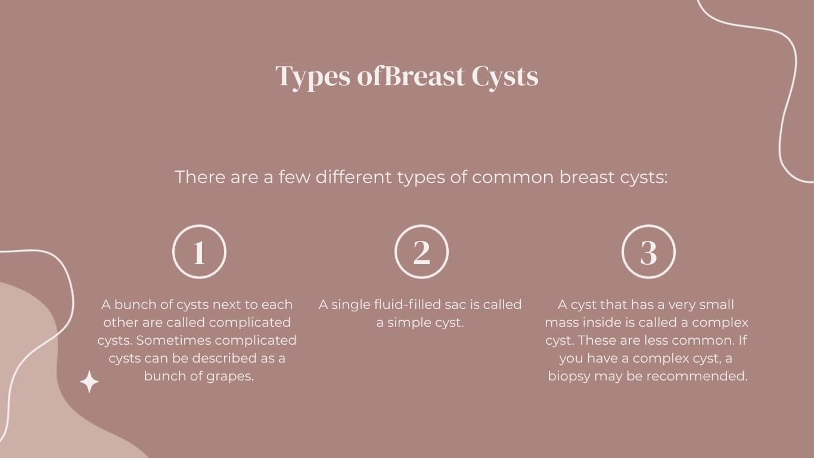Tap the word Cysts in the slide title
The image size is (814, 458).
(505, 76)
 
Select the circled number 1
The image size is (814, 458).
(199, 252)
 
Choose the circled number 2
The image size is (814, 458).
(421, 252)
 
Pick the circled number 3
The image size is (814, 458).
(648, 252)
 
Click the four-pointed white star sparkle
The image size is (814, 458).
(89, 382)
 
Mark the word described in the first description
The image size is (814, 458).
(227, 358)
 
